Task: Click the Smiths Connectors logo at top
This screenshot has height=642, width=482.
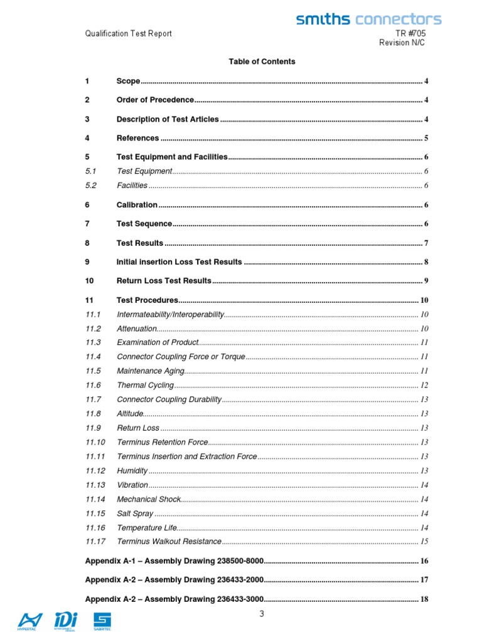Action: click(368, 19)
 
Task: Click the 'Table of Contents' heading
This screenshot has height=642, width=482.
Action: click(262, 61)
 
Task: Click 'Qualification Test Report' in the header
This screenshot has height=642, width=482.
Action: click(128, 33)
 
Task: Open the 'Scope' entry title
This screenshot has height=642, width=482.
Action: click(128, 81)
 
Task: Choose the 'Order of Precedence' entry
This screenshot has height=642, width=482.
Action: click(155, 100)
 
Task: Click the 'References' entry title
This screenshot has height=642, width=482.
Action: click(137, 138)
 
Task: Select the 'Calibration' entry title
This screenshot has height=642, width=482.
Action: click(137, 204)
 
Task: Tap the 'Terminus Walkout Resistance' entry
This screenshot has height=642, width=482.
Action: click(169, 541)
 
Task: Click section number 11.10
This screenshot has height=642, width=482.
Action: click(95, 442)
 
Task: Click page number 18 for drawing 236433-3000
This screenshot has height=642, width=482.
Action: click(424, 599)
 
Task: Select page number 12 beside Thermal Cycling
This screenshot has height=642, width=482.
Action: click(424, 385)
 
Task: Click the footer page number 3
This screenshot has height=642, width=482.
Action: click(262, 614)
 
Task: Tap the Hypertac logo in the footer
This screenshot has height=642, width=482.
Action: click(30, 621)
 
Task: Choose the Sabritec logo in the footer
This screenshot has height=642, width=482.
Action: click(102, 621)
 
